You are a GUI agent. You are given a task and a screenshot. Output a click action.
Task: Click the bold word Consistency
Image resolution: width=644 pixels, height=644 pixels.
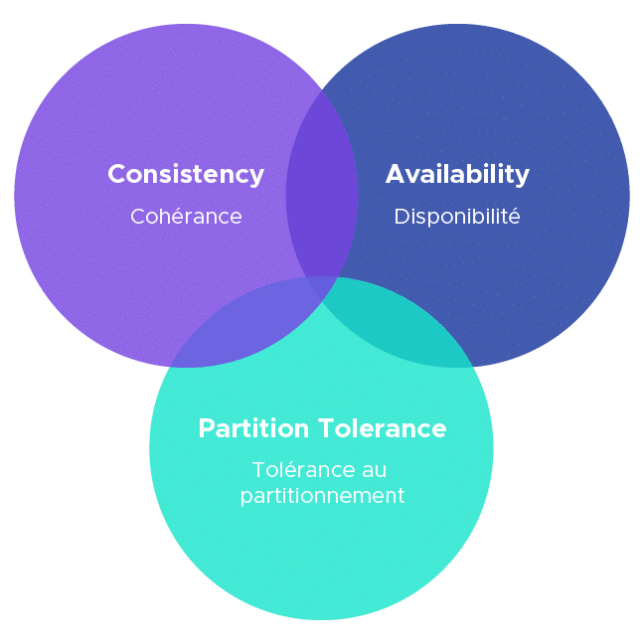186,174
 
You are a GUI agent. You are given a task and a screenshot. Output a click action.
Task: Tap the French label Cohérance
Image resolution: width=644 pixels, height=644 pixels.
186,216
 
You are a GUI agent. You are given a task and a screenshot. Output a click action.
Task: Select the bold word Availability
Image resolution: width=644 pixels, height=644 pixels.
457,174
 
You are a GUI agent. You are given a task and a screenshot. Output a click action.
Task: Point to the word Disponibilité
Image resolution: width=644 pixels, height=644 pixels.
457,216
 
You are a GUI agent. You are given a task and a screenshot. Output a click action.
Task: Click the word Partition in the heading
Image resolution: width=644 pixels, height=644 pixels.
253,428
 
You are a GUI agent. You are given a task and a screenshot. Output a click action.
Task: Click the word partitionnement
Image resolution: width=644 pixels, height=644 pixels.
323,495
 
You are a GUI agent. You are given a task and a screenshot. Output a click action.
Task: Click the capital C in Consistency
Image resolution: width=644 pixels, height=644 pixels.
116,174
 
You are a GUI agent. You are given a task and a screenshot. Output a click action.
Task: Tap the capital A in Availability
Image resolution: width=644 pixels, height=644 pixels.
395,174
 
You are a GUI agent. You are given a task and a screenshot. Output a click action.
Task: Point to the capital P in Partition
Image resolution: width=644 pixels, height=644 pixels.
206,428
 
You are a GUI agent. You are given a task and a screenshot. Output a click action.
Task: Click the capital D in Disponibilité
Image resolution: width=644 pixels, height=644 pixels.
401,216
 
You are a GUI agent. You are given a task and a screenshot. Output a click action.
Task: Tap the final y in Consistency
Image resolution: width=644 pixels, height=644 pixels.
257,177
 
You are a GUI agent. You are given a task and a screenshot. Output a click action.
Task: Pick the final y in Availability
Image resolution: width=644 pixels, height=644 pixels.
523,177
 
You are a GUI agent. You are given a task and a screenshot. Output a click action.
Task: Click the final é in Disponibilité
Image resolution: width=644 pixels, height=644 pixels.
514,216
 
